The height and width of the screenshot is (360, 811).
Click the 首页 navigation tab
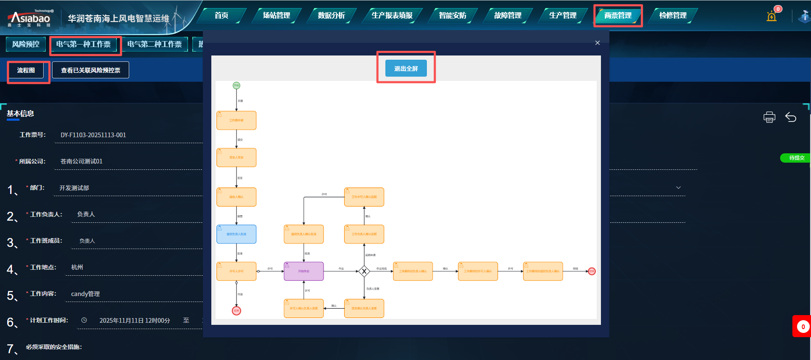[221, 16]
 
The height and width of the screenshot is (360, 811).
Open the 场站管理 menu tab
[276, 16]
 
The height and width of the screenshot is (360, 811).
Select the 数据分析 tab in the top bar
[331, 16]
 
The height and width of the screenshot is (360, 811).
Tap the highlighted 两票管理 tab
[617, 16]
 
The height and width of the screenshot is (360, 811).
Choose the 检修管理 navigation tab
[673, 16]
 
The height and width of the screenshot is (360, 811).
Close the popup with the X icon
[597, 43]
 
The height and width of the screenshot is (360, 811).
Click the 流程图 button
[26, 70]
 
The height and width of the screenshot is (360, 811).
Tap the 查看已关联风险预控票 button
[90, 70]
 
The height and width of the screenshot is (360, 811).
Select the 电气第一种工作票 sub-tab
[83, 44]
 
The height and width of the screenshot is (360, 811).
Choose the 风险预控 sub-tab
[26, 44]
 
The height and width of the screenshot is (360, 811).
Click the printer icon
[769, 117]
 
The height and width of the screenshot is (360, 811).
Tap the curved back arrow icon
[790, 117]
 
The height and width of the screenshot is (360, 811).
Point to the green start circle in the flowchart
[236, 86]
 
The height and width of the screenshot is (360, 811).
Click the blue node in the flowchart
[236, 234]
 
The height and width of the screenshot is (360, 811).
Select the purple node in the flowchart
[304, 271]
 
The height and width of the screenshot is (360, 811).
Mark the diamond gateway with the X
[364, 271]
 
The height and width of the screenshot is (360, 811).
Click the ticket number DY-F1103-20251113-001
[93, 135]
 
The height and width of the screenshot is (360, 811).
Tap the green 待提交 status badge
[796, 158]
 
